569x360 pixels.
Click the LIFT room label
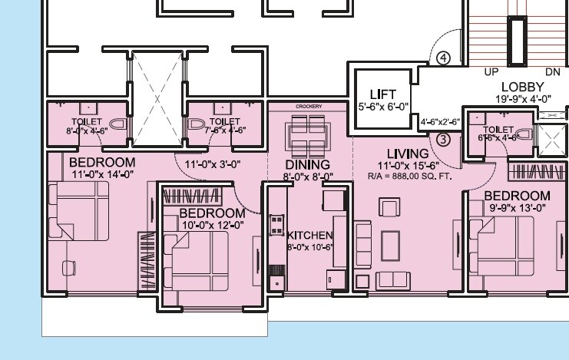382,94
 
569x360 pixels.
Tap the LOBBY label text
522,86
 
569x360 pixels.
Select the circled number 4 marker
443,58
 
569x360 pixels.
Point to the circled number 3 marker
443,139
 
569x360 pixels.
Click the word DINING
307,165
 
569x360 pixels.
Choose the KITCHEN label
309,235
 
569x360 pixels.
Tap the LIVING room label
408,154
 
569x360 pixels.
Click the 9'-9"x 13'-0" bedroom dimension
516,207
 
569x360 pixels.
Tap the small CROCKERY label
309,106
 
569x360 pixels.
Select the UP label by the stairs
491,71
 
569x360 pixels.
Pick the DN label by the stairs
551,71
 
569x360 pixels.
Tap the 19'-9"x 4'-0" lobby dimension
522,98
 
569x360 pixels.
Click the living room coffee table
390,243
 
